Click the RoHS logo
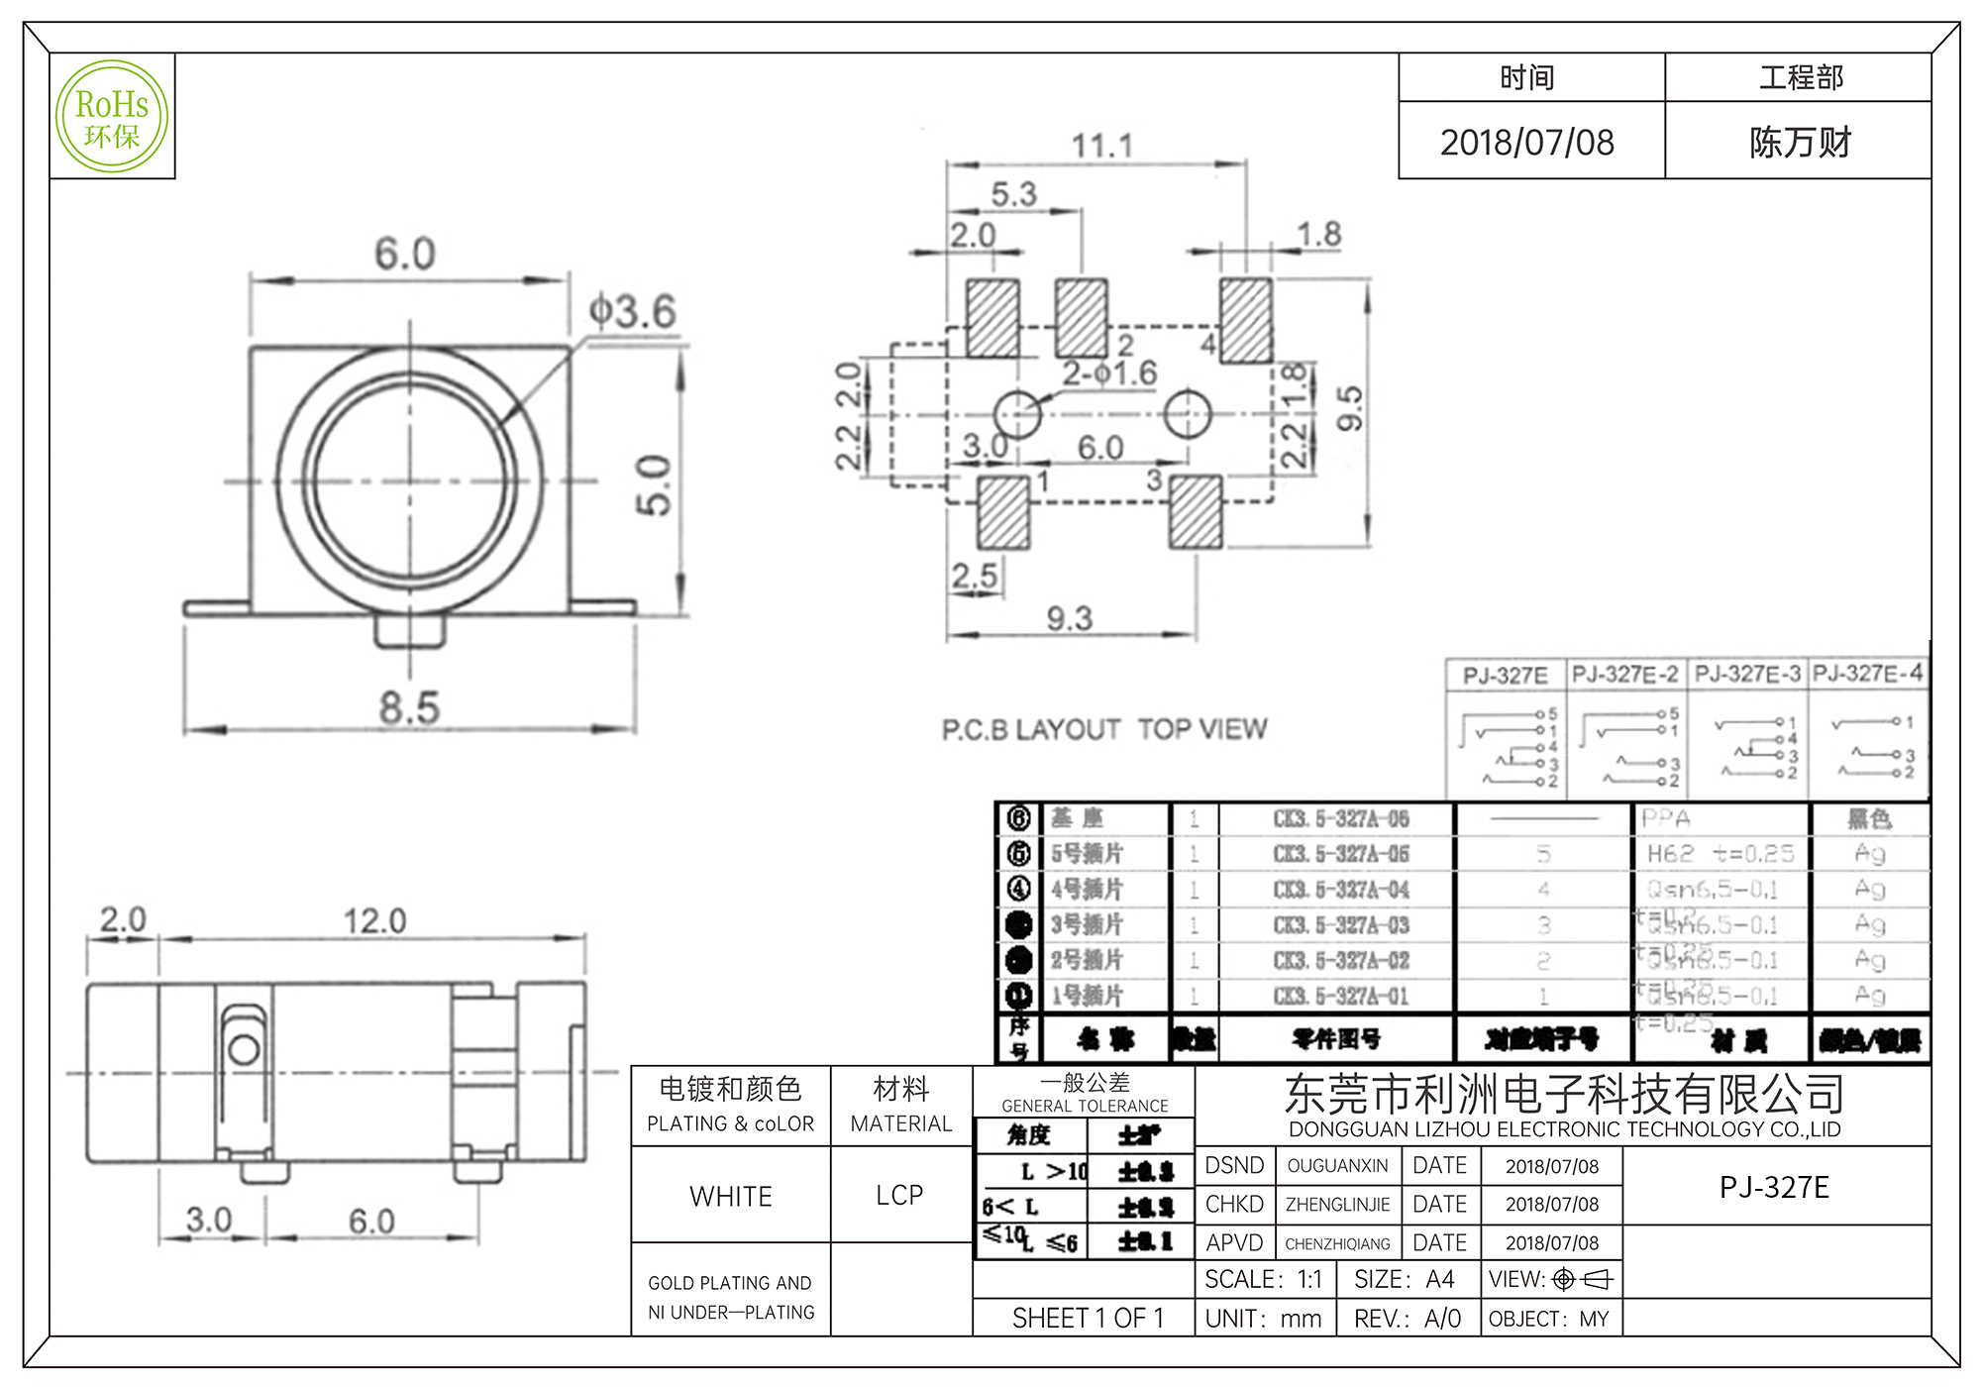coord(112,117)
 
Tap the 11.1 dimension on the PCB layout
coord(1101,147)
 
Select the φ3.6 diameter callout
coord(633,312)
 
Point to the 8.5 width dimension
coord(408,707)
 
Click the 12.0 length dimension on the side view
coord(374,921)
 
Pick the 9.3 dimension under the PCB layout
coord(1070,619)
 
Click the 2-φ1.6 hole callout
coord(1109,373)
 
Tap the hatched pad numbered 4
coord(1246,320)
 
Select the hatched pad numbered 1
coord(1003,512)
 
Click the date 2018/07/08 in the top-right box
coord(1527,143)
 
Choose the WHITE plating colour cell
coord(731,1197)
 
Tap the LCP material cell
coord(899,1196)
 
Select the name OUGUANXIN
coord(1337,1166)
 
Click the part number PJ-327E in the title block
coord(1774,1187)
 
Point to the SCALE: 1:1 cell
coord(1263,1280)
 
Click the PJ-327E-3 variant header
coord(1747,675)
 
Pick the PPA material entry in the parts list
coord(1666,818)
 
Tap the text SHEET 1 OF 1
coord(1088,1319)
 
